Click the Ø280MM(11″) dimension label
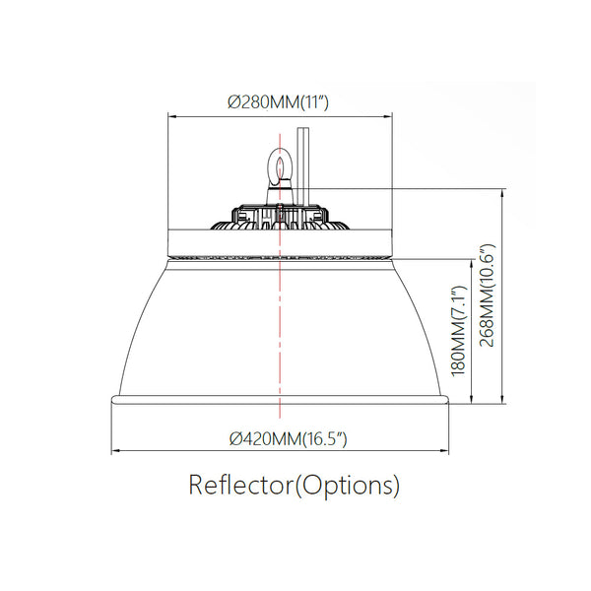[278, 101]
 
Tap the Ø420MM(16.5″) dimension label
[288, 438]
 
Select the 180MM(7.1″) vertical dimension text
[459, 331]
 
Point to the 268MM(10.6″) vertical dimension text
[487, 295]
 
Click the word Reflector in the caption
[240, 485]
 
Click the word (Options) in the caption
[347, 486]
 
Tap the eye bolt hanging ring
[280, 167]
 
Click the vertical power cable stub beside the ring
[303, 166]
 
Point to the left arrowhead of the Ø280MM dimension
[172, 116]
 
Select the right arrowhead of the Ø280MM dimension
[388, 116]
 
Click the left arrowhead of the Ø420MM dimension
[115, 450]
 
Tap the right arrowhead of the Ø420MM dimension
[444, 450]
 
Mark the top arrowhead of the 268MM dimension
[502, 193]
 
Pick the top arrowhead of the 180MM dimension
[472, 264]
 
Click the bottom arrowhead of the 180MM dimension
[472, 399]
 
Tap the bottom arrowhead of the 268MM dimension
[502, 399]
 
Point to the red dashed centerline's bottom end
[280, 418]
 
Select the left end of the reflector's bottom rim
[112, 400]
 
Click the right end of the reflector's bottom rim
[447, 400]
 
